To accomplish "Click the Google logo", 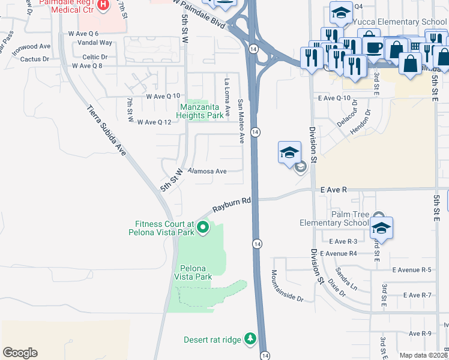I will (20, 353).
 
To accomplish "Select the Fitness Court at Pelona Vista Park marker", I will (203, 227).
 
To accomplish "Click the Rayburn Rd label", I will (232, 207).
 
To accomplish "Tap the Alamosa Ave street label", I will (208, 171).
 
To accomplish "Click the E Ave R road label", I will (334, 190).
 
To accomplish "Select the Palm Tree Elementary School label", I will (334, 218).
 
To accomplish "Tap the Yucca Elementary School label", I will (401, 22).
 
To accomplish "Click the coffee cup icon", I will (375, 47).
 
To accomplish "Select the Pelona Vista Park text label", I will (193, 272).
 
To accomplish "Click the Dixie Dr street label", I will (337, 289).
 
